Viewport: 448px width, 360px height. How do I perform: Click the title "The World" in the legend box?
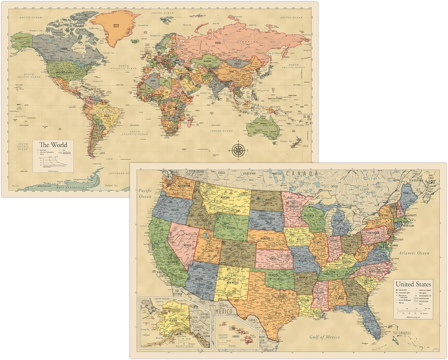tap(53, 145)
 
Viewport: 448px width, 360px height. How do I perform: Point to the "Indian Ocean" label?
tap(222, 130)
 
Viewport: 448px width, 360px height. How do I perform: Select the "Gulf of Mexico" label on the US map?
tap(324, 337)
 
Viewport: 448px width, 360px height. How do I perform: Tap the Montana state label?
tap(232, 198)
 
